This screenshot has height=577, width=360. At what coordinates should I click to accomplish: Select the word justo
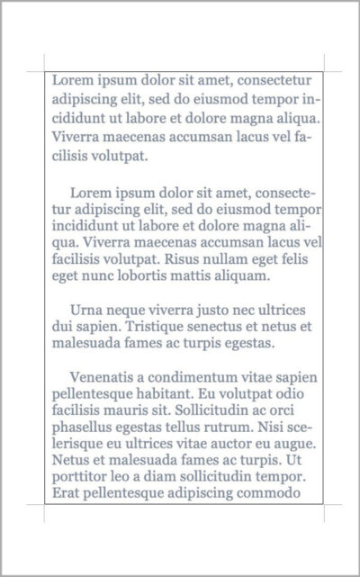209,310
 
